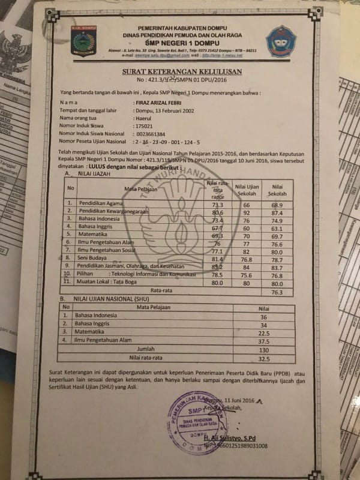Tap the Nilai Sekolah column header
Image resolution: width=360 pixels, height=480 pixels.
click(x=277, y=190)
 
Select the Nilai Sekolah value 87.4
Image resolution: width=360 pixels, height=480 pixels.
click(x=276, y=213)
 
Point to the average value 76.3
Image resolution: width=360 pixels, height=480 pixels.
click(x=277, y=292)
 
